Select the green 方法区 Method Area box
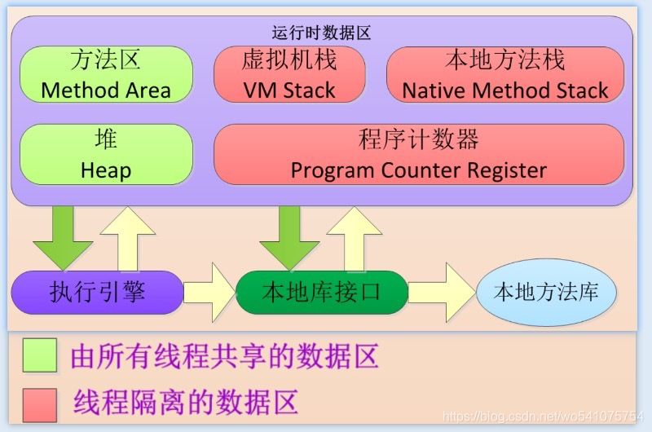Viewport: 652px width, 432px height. (x=106, y=74)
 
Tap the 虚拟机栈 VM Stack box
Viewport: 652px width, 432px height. (x=289, y=74)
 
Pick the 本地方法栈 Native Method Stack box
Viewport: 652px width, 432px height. (x=504, y=74)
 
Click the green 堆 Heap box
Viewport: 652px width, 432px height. (x=106, y=154)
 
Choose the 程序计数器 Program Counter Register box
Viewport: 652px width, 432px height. (x=418, y=154)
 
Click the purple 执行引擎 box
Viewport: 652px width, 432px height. (x=97, y=292)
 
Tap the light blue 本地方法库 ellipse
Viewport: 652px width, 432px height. (x=546, y=292)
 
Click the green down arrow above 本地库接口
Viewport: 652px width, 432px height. (x=289, y=237)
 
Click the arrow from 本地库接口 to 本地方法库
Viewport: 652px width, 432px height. (x=441, y=292)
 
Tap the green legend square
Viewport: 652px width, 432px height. (x=40, y=355)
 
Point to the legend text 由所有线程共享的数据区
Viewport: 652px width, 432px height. (x=225, y=356)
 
